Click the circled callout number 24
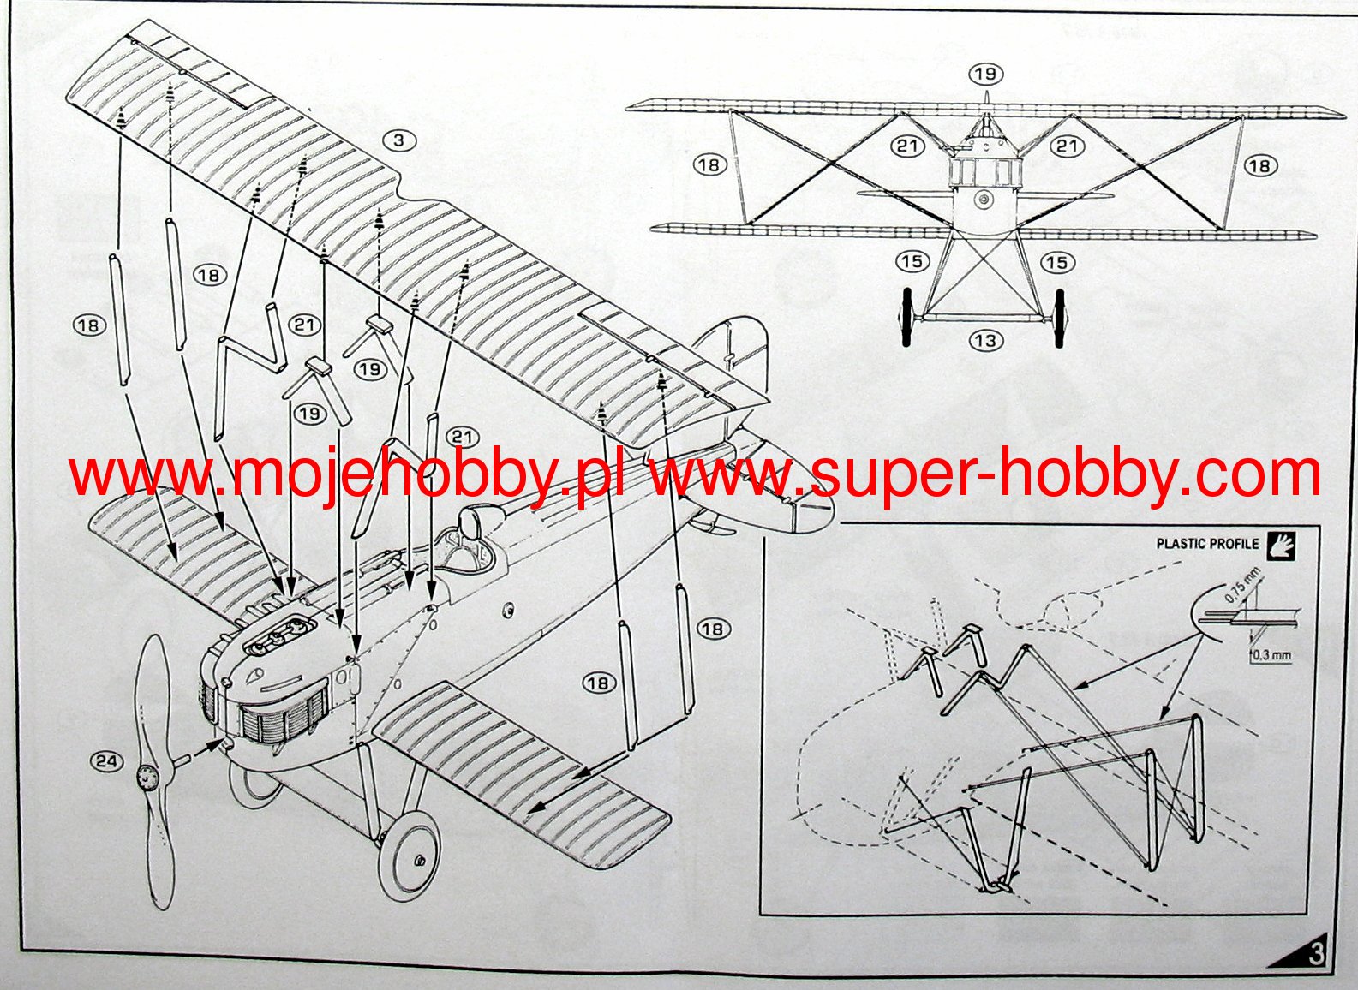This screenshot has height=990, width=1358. point(106,760)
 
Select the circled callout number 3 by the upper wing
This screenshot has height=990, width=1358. point(399,140)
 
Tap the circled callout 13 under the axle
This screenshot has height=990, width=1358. point(985,340)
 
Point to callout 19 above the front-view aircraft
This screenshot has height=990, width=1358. point(985,74)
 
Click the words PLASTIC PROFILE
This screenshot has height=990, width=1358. point(1207,544)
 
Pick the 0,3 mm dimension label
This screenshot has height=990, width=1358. point(1271,655)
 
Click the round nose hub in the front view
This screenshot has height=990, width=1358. point(984,200)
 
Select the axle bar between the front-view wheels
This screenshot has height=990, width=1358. point(984,318)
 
